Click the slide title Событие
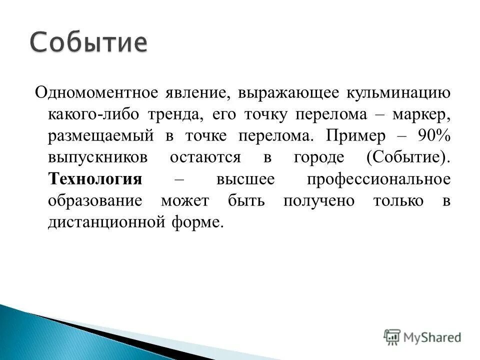click(88, 43)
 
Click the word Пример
click(355, 136)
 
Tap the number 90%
click(434, 136)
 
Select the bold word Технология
click(95, 179)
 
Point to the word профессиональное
click(379, 179)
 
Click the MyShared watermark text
click(433, 337)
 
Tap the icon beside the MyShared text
click(392, 336)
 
